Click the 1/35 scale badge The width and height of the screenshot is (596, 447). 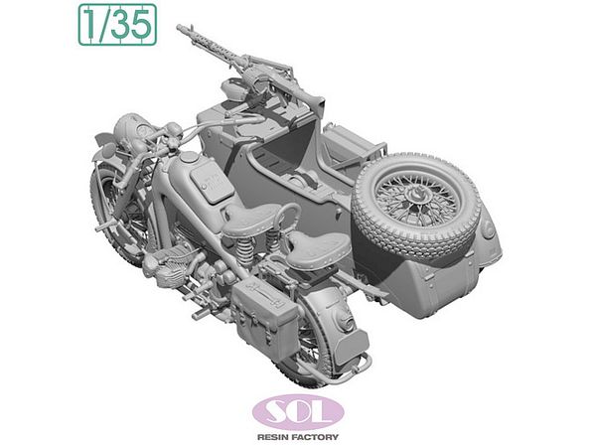coord(117,25)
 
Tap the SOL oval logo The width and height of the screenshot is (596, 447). coord(298,412)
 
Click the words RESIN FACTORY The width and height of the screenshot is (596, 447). coord(298,437)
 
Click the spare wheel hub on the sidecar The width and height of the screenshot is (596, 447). coord(415,197)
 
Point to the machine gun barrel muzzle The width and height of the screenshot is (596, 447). coord(180,28)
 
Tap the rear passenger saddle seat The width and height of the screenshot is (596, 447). coord(319,249)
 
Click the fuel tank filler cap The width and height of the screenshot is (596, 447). coord(189,157)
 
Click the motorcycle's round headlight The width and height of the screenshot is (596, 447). coord(130,125)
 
